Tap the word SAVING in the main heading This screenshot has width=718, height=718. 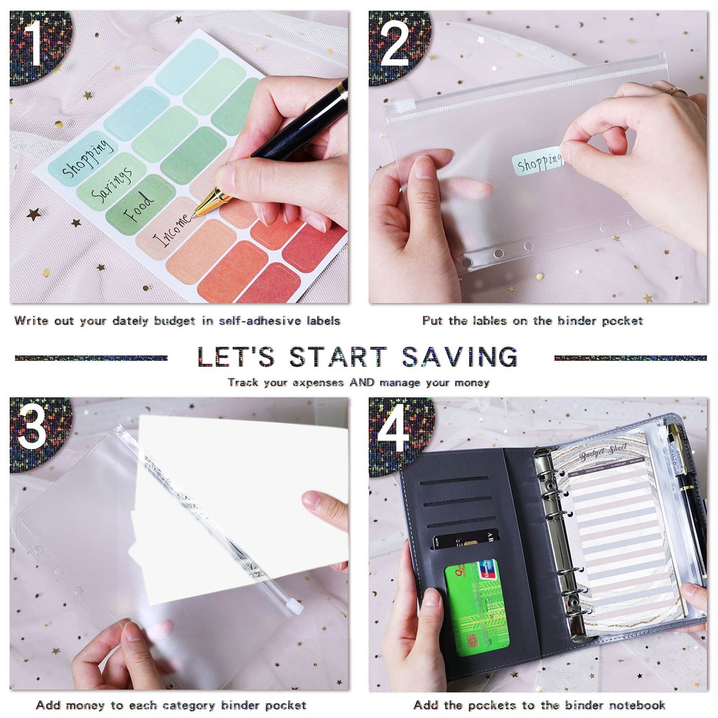click(460, 357)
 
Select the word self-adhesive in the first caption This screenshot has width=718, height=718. click(260, 321)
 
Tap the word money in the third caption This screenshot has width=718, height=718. click(85, 705)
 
